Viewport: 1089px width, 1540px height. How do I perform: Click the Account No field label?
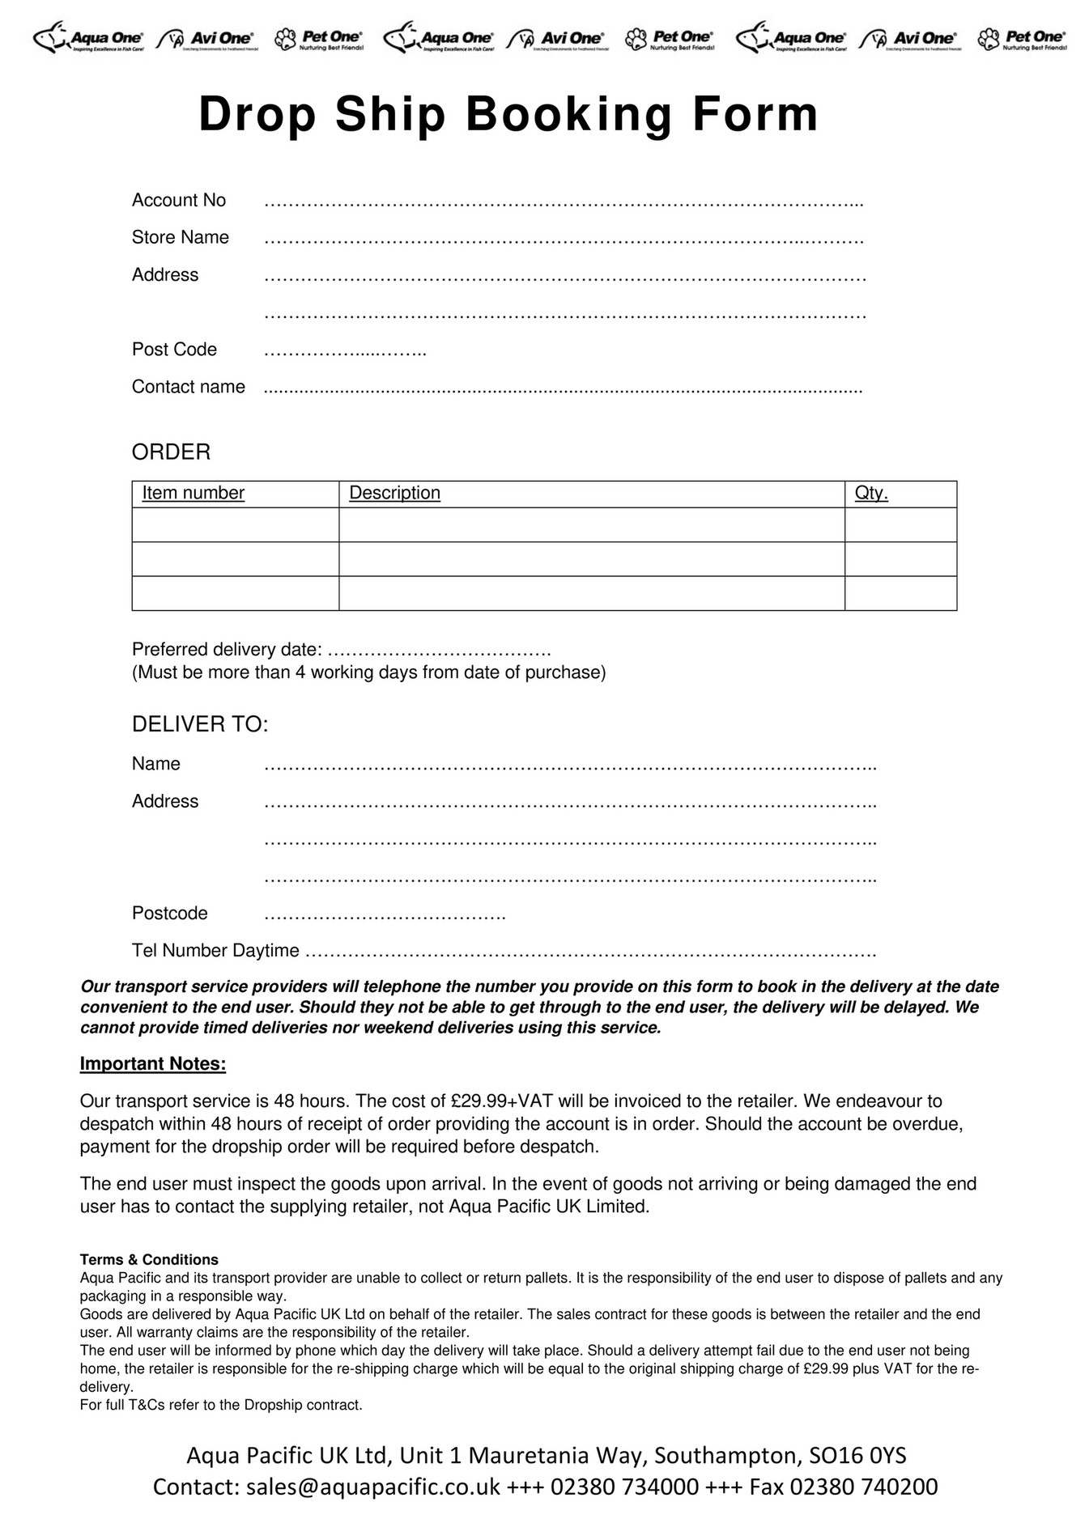[x=179, y=200]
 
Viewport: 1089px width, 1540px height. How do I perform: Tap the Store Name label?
[x=181, y=237]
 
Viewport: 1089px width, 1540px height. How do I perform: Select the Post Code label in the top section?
[x=174, y=349]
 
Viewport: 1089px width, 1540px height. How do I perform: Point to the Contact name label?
[x=188, y=387]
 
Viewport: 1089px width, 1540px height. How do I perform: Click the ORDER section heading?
[x=171, y=452]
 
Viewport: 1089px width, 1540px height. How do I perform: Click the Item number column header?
[x=193, y=493]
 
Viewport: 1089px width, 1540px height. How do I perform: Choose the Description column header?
[x=394, y=493]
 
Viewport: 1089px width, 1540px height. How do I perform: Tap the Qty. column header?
[x=871, y=493]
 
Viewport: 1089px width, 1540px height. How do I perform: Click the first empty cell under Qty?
[x=900, y=524]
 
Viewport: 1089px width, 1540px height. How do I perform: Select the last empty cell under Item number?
[x=235, y=593]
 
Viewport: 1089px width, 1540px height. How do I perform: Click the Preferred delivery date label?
[x=227, y=650]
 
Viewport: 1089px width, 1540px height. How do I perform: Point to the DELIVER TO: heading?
[x=199, y=724]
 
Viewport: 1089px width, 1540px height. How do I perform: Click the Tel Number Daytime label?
[x=215, y=950]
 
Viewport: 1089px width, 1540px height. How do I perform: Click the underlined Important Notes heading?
[x=152, y=1063]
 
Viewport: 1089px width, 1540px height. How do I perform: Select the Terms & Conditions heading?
[x=149, y=1259]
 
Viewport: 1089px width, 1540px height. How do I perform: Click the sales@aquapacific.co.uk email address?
[x=373, y=1487]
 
